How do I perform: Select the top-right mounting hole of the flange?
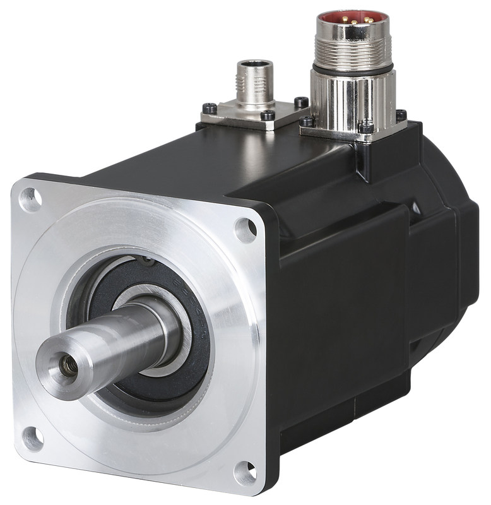tap(245, 229)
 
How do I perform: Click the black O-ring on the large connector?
tap(353, 66)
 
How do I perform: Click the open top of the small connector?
tap(255, 64)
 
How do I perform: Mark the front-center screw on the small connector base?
tap(268, 116)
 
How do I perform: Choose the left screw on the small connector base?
tap(210, 108)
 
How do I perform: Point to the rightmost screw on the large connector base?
tap(400, 115)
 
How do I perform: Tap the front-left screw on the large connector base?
tap(307, 121)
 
